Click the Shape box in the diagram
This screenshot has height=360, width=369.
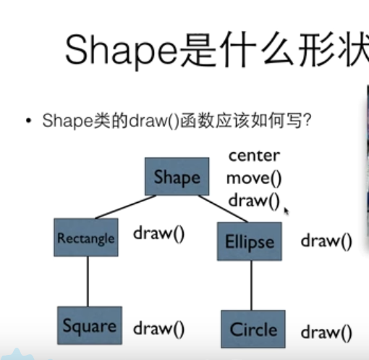pyautogui.click(x=177, y=177)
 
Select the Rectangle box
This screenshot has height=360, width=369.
pyautogui.click(x=85, y=238)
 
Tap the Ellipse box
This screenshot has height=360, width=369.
pyautogui.click(x=248, y=241)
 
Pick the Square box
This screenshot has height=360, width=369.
pyautogui.click(x=89, y=326)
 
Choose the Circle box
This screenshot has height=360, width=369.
pyautogui.click(x=253, y=330)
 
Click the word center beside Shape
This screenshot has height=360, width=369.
pyautogui.click(x=253, y=155)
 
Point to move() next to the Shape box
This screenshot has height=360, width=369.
pyautogui.click(x=253, y=177)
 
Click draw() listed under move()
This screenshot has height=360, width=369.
pyautogui.click(x=253, y=200)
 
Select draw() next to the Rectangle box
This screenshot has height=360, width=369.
pyautogui.click(x=158, y=233)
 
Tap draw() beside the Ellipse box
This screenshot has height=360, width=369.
pyautogui.click(x=326, y=240)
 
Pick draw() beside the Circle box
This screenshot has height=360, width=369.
pyautogui.click(x=326, y=332)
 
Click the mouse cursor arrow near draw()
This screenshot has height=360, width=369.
pyautogui.click(x=287, y=210)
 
